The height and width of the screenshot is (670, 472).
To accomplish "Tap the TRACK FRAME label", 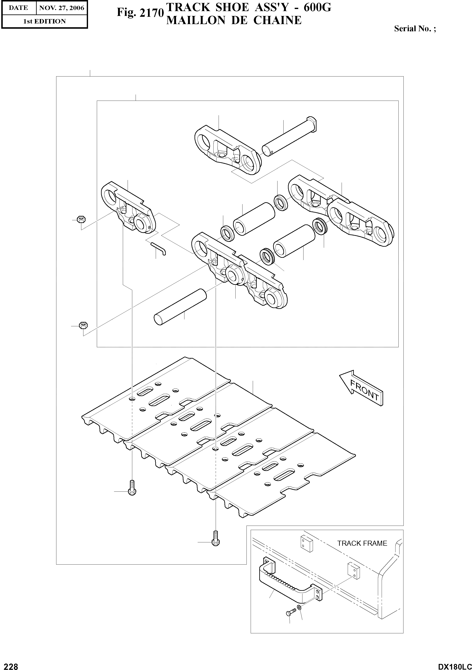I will (x=362, y=543).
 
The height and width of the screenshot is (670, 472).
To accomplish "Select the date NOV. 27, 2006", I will (x=62, y=8).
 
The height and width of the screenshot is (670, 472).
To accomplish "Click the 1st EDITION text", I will (x=44, y=21).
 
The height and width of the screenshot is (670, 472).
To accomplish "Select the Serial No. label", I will (x=415, y=29).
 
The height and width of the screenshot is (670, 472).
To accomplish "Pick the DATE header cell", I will (x=18, y=8).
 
